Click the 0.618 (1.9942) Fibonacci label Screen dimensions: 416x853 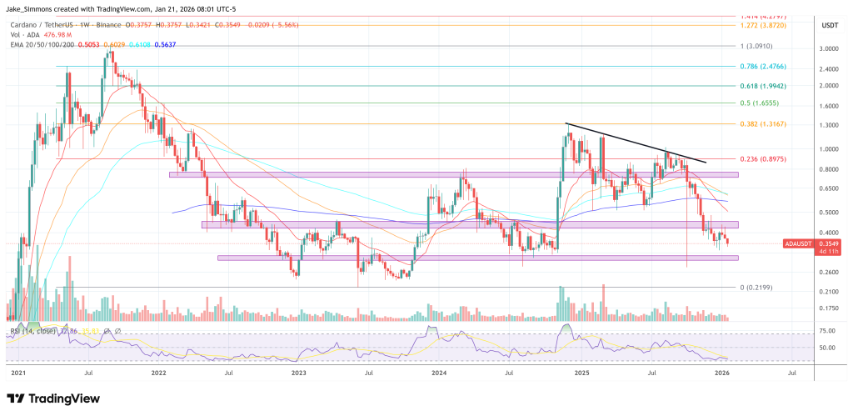pyautogui.click(x=762, y=86)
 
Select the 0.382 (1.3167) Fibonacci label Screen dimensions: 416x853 pyautogui.click(x=762, y=123)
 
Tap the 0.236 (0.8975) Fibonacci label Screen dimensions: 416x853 pyautogui.click(x=762, y=158)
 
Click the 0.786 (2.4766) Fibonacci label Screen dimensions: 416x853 pyautogui.click(x=762, y=66)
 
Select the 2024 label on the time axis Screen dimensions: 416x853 pyautogui.click(x=441, y=375)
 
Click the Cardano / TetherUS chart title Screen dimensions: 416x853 pyautogui.click(x=50, y=26)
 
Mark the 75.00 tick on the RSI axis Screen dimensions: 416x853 pyautogui.click(x=803, y=331)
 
